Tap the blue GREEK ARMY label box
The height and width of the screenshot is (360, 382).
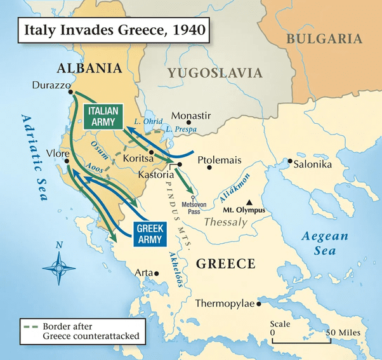click(x=150, y=233)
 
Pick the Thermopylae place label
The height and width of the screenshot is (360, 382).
click(x=225, y=303)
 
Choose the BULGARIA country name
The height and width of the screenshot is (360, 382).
click(x=324, y=39)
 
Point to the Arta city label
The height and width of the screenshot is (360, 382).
click(x=143, y=272)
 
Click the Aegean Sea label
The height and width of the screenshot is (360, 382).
click(x=325, y=243)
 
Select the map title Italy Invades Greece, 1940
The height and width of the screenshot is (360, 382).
click(x=111, y=31)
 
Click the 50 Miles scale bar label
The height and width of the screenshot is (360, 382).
click(x=344, y=333)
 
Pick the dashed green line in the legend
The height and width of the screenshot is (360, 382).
click(x=31, y=327)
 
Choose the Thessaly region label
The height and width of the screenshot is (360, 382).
click(x=225, y=222)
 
